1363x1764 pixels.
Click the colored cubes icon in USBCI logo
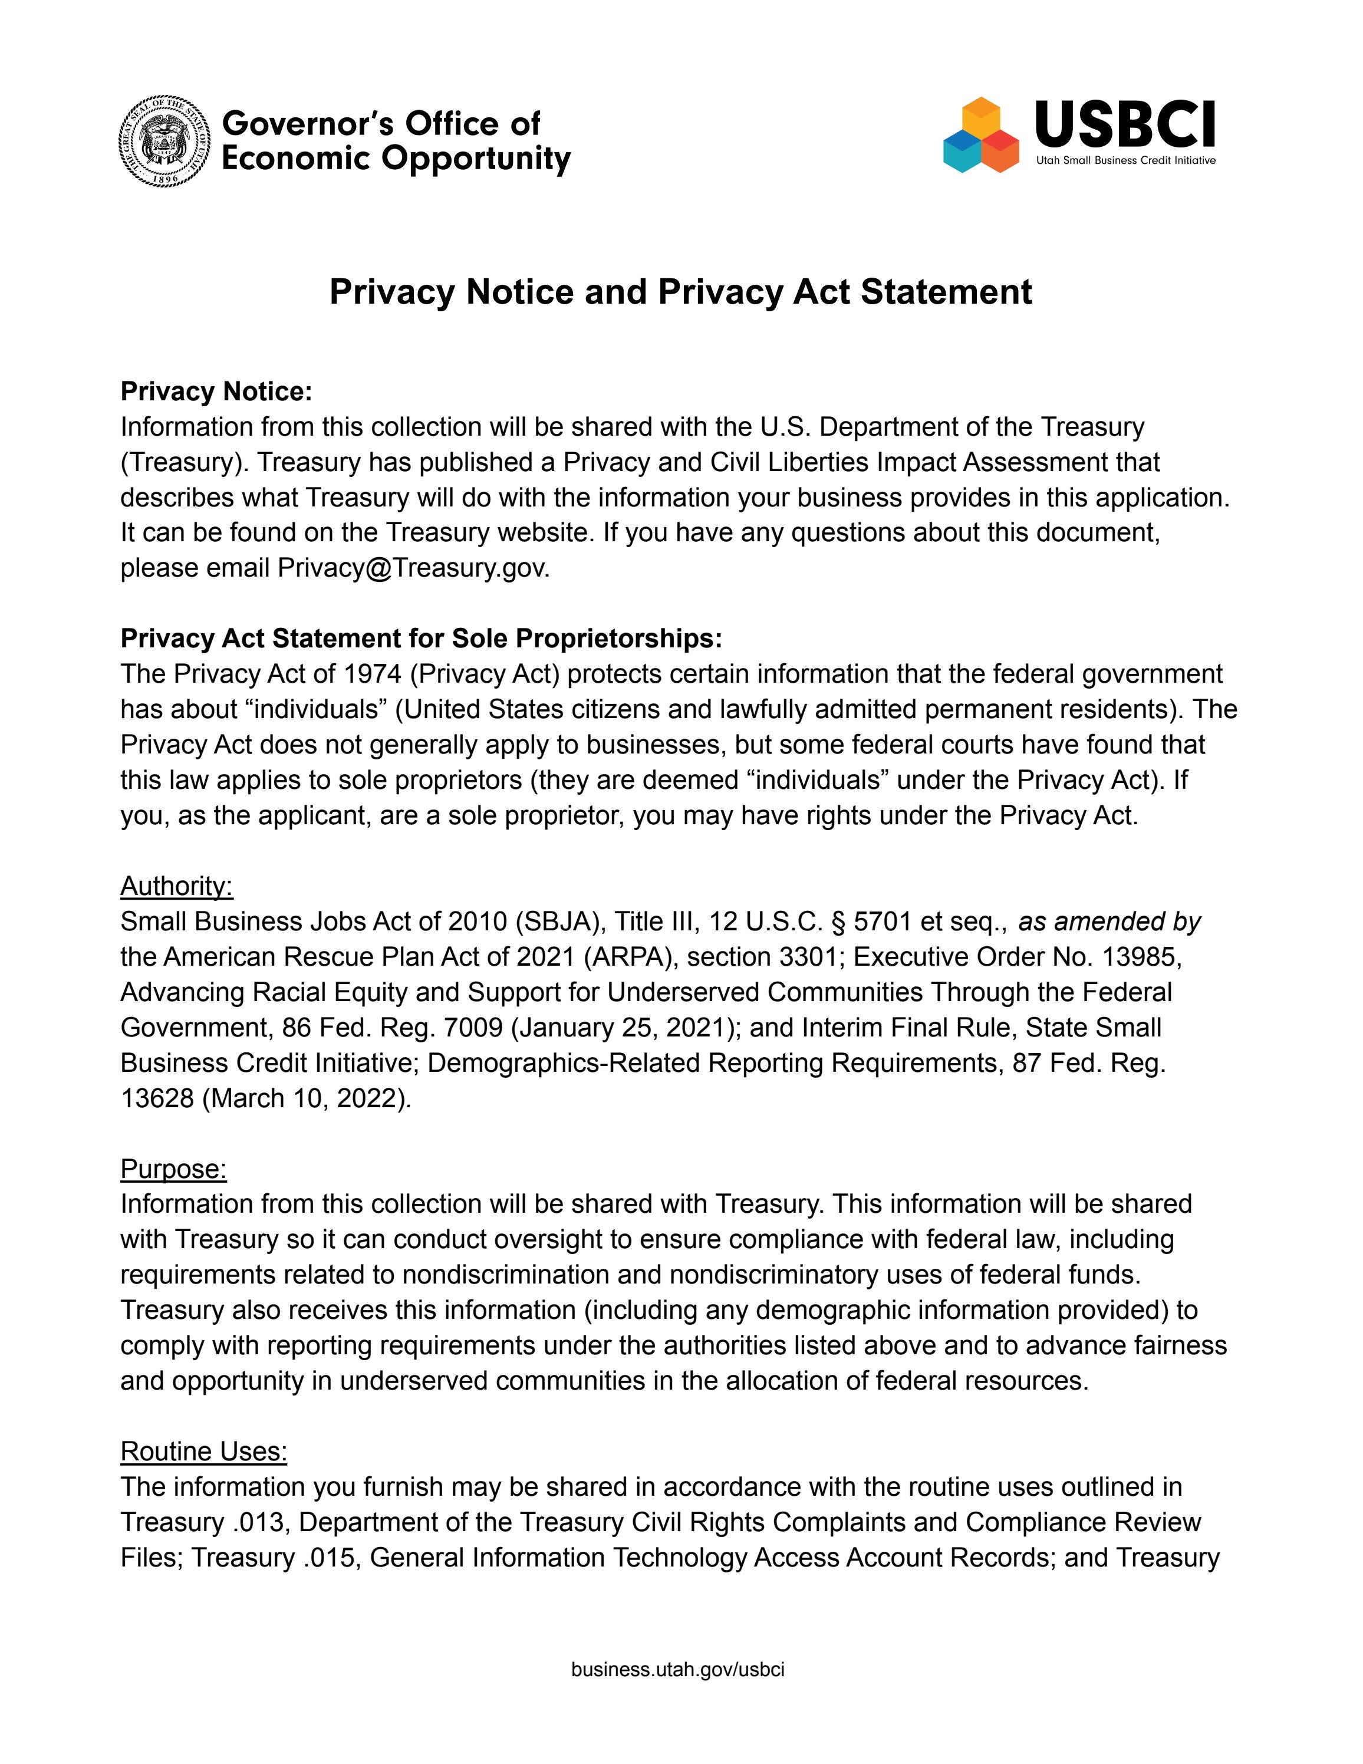pyautogui.click(x=980, y=136)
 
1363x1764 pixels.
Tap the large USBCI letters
pyautogui.click(x=1124, y=124)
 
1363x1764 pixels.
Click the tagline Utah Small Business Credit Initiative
pyautogui.click(x=1125, y=161)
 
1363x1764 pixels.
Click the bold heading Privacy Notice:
pyautogui.click(x=216, y=391)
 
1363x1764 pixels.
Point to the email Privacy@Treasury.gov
pyautogui.click(x=413, y=568)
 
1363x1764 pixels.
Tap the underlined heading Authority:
pyautogui.click(x=176, y=886)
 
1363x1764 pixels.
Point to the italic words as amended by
pyautogui.click(x=1110, y=922)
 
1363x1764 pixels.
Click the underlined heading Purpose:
pyautogui.click(x=173, y=1169)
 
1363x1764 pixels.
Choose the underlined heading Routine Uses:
pyautogui.click(x=203, y=1452)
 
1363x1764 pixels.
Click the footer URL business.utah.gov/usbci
pyautogui.click(x=677, y=1670)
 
